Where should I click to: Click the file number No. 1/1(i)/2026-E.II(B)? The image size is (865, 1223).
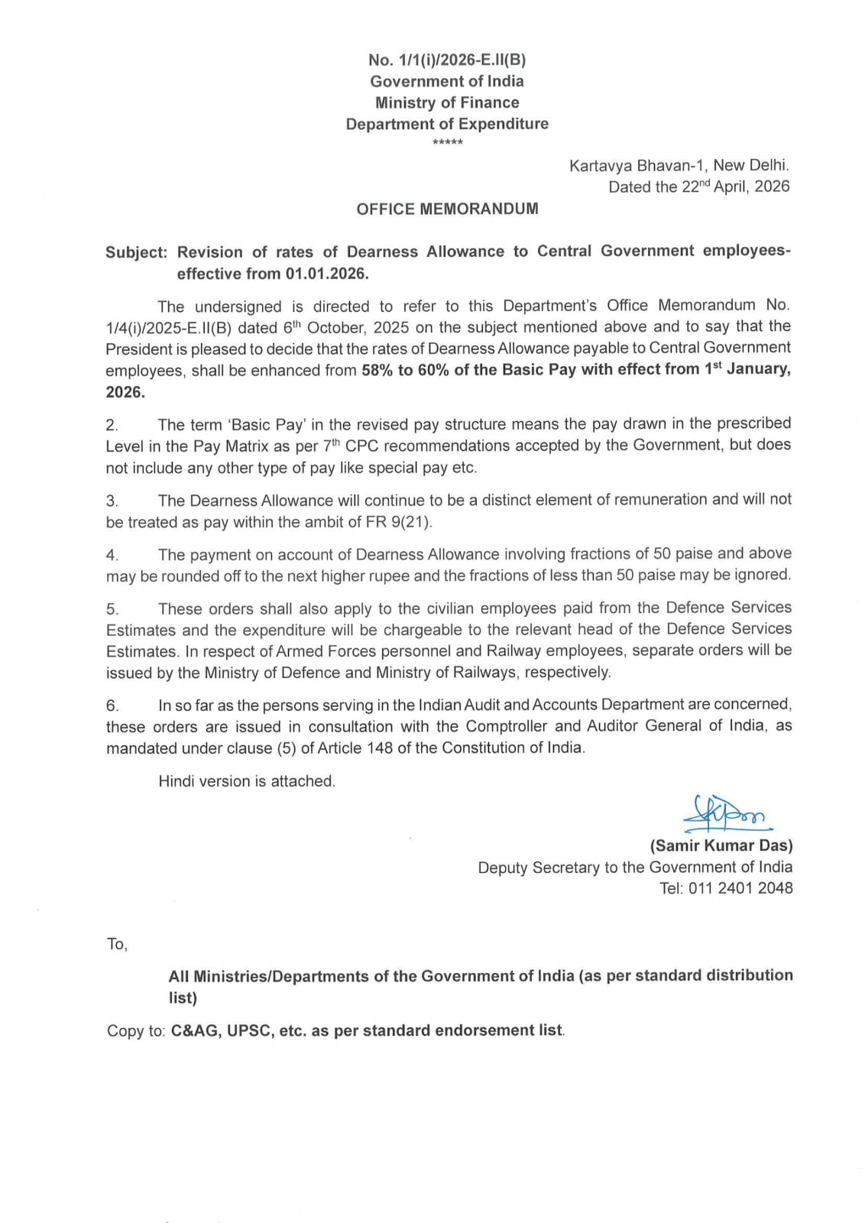[447, 60]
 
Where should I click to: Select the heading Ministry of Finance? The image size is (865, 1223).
[447, 102]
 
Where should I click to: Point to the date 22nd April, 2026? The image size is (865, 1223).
[735, 187]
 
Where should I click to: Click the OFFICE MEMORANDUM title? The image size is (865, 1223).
[447, 209]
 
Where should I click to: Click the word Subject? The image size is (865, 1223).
[136, 252]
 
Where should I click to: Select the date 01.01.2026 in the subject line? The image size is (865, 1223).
[326, 274]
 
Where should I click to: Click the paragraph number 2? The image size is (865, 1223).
[112, 425]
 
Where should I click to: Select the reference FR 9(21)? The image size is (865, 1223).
[399, 523]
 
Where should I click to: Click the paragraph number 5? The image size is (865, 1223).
[112, 609]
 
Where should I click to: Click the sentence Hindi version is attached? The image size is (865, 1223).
[247, 781]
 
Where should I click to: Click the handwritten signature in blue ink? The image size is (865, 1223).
[726, 815]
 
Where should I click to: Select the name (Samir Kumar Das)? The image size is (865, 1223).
[721, 845]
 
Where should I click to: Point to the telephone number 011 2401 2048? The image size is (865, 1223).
[740, 888]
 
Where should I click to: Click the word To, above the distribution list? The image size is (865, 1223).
[117, 945]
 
